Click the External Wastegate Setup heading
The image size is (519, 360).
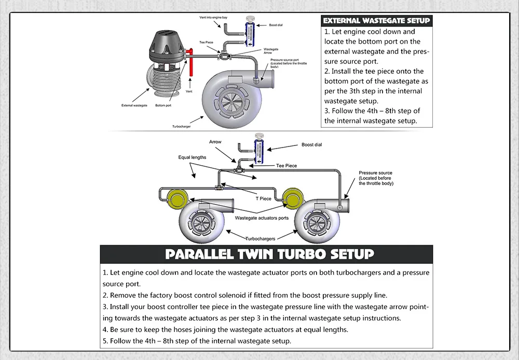tap(376, 21)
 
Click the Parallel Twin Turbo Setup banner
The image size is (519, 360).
tap(269, 254)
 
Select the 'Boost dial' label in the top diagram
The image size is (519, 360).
tap(276, 25)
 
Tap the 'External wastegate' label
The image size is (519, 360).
tap(134, 105)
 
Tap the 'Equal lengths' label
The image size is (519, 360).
tap(192, 157)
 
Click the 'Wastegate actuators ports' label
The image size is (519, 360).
tap(262, 218)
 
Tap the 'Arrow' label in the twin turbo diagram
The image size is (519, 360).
tap(215, 142)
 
